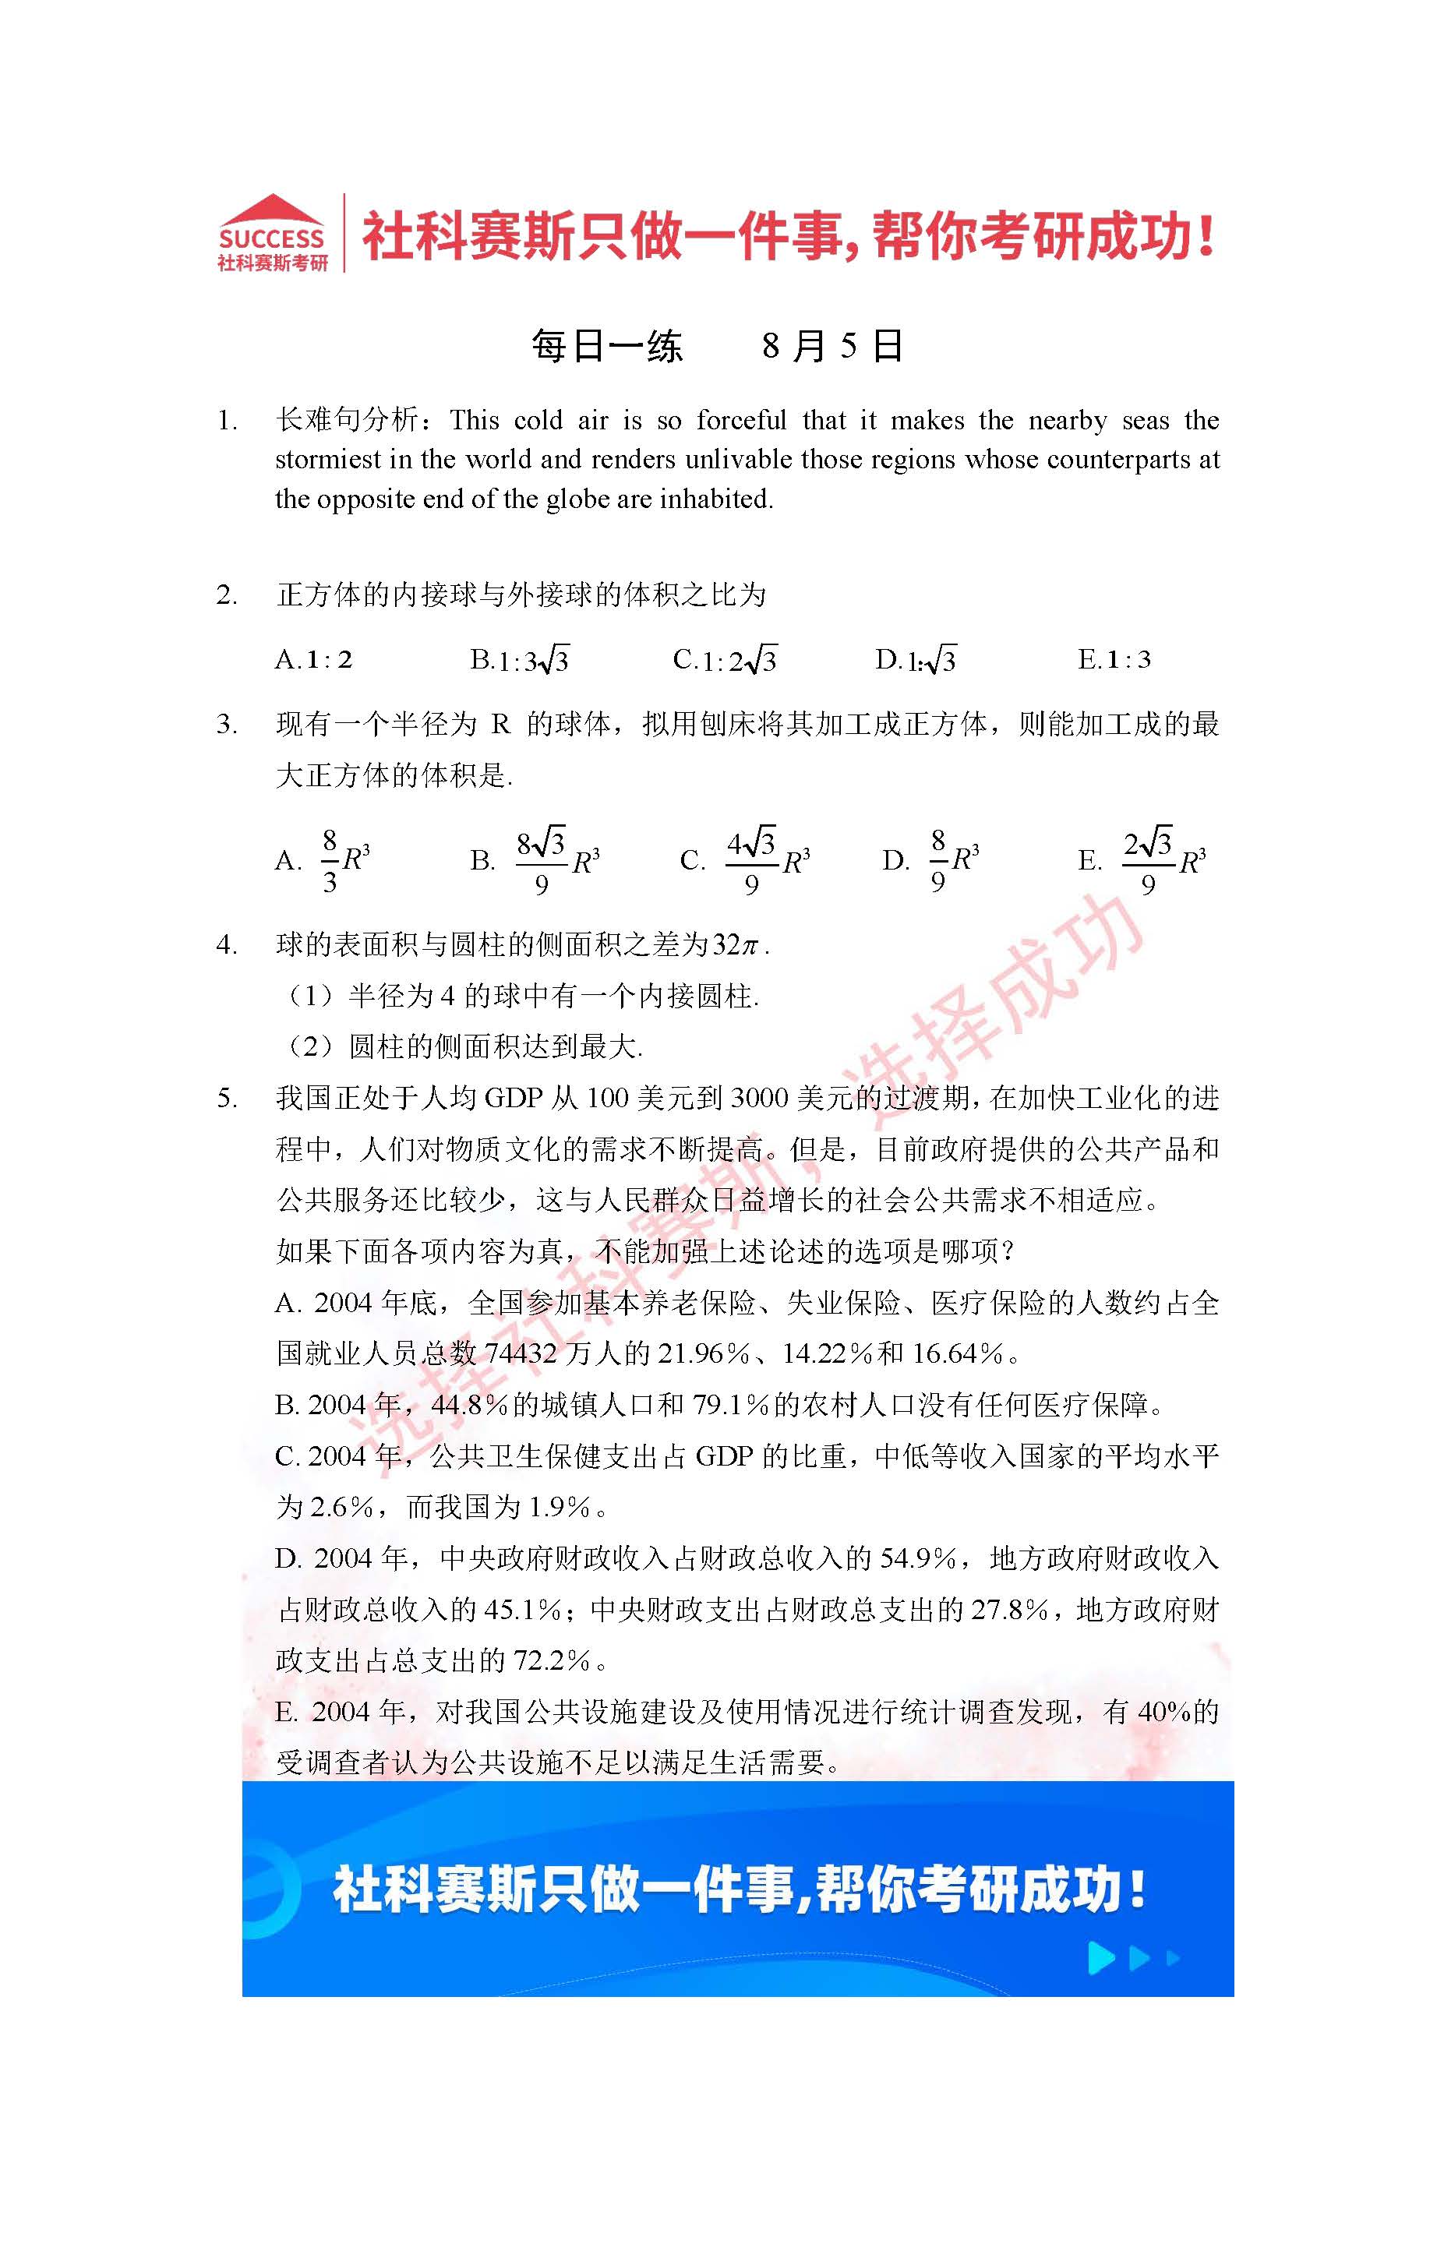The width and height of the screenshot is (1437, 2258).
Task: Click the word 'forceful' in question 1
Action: (x=741, y=420)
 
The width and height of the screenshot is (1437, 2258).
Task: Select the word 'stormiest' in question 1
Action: (x=322, y=460)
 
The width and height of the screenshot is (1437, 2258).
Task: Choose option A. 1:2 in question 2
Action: (x=314, y=660)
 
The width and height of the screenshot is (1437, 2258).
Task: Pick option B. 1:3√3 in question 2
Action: (x=519, y=660)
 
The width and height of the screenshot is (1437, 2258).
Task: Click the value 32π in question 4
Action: (x=734, y=944)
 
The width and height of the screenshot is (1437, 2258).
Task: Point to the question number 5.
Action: (x=227, y=1098)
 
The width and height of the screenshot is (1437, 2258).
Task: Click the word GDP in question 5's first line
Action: (x=513, y=1098)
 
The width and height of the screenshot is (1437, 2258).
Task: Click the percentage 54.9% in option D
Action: (x=917, y=1558)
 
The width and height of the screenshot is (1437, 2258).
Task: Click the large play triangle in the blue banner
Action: (x=1101, y=1958)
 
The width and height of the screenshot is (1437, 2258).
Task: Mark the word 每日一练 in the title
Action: (x=607, y=346)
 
